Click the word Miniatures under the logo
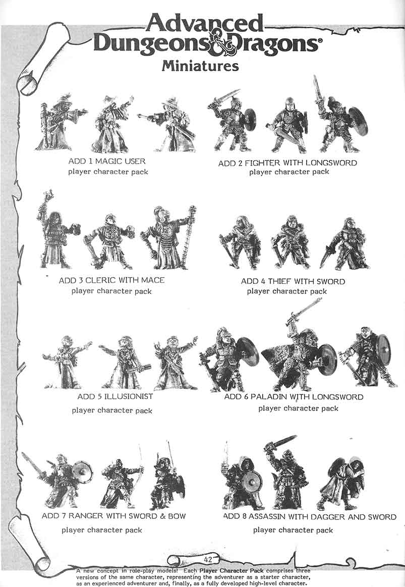(200, 66)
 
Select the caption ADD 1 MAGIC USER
(107, 161)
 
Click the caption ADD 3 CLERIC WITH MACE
(111, 280)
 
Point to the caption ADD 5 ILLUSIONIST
(115, 396)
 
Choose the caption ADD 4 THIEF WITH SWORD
(293, 281)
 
